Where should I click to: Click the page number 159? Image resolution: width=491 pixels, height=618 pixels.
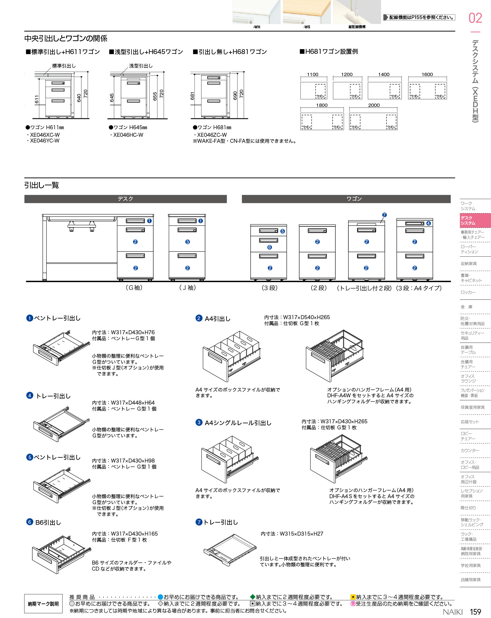475,612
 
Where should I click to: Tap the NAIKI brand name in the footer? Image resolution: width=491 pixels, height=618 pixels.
452,612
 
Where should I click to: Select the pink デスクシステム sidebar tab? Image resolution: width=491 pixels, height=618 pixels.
475,220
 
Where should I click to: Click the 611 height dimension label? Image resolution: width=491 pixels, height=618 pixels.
37,99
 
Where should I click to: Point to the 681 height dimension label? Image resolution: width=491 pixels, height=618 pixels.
192,96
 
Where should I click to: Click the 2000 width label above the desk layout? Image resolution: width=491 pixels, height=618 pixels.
374,105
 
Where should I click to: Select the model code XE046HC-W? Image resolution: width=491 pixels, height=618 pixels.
128,135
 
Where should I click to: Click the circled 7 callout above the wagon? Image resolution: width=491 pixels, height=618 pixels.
384,215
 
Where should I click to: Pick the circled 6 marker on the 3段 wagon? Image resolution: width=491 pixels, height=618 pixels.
270,247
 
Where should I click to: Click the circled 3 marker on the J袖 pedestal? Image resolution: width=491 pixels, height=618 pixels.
188,242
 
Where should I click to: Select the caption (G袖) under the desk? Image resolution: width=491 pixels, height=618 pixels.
134,288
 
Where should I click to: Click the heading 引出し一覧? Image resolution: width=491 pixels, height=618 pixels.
42,185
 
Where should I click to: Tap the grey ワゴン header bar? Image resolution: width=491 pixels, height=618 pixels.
346,199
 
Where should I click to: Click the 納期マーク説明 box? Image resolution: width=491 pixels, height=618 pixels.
43,604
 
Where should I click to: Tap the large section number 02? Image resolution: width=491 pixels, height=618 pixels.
475,18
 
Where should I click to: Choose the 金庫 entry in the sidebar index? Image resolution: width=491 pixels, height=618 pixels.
466,307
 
